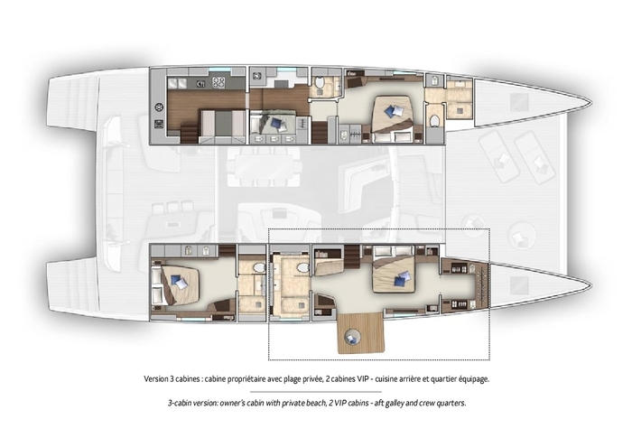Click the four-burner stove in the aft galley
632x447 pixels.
coord(218,83)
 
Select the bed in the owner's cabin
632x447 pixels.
coord(395,275)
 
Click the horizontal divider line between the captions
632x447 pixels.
coord(316,391)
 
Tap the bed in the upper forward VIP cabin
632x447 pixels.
coord(393,114)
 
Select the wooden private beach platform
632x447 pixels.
coord(361,333)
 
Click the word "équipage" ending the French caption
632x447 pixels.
coord(474,379)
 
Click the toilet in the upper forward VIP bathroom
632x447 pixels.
coord(434,120)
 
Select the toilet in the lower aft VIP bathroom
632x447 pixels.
coord(259,267)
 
